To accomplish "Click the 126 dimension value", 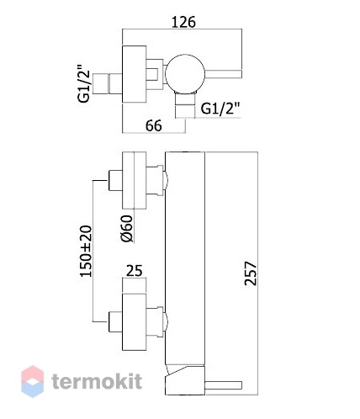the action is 183,22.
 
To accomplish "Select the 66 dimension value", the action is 154,125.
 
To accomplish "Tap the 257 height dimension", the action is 251,273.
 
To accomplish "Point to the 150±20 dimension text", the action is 86,251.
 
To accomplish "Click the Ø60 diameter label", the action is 127,228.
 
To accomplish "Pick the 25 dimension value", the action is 135,271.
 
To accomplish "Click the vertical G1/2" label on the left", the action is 84,83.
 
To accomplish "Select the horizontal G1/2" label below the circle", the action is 221,109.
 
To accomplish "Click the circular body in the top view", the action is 184,73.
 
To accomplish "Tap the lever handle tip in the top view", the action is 239,74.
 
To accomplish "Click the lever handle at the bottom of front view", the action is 223,385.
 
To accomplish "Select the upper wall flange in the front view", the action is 135,180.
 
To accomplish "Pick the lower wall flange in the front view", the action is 135,322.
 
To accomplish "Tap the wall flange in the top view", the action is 135,74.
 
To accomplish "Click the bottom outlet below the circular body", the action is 184,105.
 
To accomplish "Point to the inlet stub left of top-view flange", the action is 108,84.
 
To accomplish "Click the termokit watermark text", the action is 97,381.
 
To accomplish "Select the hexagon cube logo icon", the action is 33,381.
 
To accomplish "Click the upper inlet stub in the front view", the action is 115,180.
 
